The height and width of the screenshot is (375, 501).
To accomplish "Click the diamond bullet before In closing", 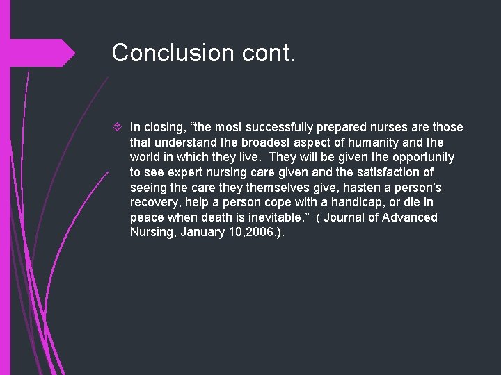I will coord(118,127).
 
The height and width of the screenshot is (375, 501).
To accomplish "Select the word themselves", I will coord(255,187).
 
